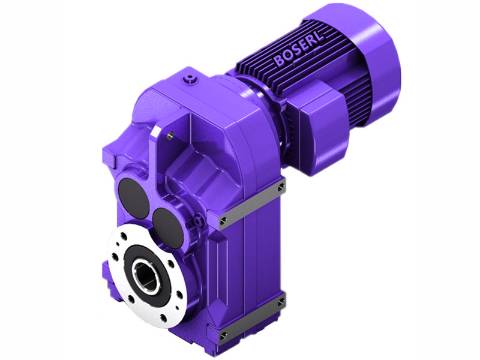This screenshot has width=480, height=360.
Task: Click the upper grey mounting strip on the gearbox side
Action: click(x=253, y=202)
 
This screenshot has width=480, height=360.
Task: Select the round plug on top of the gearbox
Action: click(x=191, y=78)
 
